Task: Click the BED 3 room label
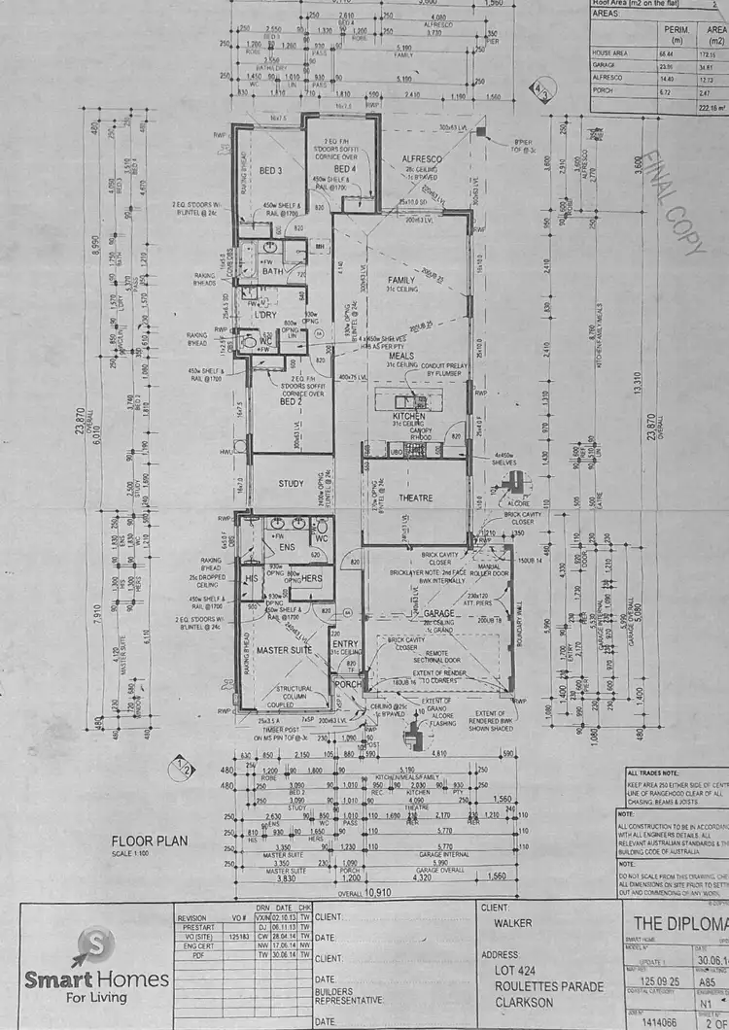[270, 171]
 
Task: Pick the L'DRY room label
[265, 316]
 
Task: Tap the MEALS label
[402, 356]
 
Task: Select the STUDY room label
[291, 483]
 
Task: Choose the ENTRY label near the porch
[345, 642]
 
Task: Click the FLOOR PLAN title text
[148, 841]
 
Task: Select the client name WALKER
[514, 923]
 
